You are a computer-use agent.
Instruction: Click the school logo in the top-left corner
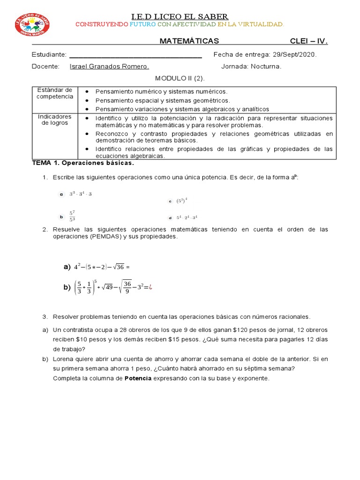click(x=32, y=24)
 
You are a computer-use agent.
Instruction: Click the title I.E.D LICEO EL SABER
click(x=180, y=17)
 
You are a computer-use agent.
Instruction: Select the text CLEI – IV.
click(x=309, y=41)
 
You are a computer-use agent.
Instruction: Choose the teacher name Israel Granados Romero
click(x=109, y=67)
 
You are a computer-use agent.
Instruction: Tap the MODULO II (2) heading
click(x=180, y=78)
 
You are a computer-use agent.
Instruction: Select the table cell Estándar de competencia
click(x=55, y=93)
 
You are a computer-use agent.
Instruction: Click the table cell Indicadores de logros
click(x=55, y=120)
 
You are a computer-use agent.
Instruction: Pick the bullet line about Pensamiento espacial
click(x=163, y=100)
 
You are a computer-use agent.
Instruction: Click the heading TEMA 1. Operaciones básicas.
click(x=82, y=163)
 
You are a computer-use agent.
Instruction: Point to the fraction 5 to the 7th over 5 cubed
click(x=72, y=216)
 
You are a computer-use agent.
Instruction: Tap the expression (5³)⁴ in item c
click(x=182, y=201)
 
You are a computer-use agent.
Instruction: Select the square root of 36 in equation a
click(x=118, y=267)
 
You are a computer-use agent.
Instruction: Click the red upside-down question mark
click(x=150, y=287)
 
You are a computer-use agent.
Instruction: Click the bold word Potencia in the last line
click(x=138, y=378)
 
